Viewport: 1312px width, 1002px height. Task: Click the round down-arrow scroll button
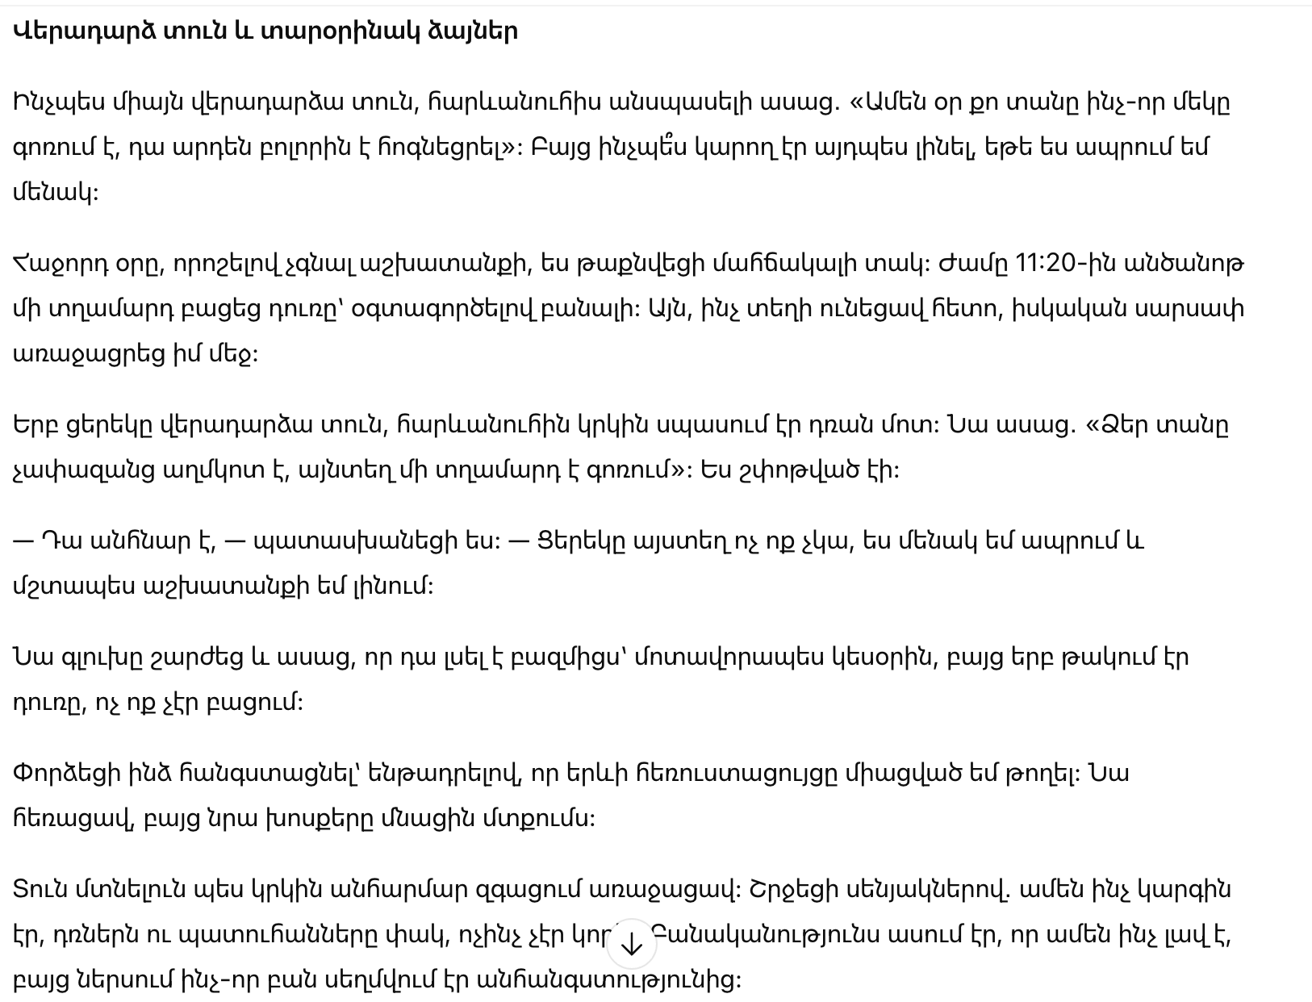click(x=632, y=944)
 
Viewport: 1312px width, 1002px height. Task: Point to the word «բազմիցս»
click(x=572, y=657)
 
